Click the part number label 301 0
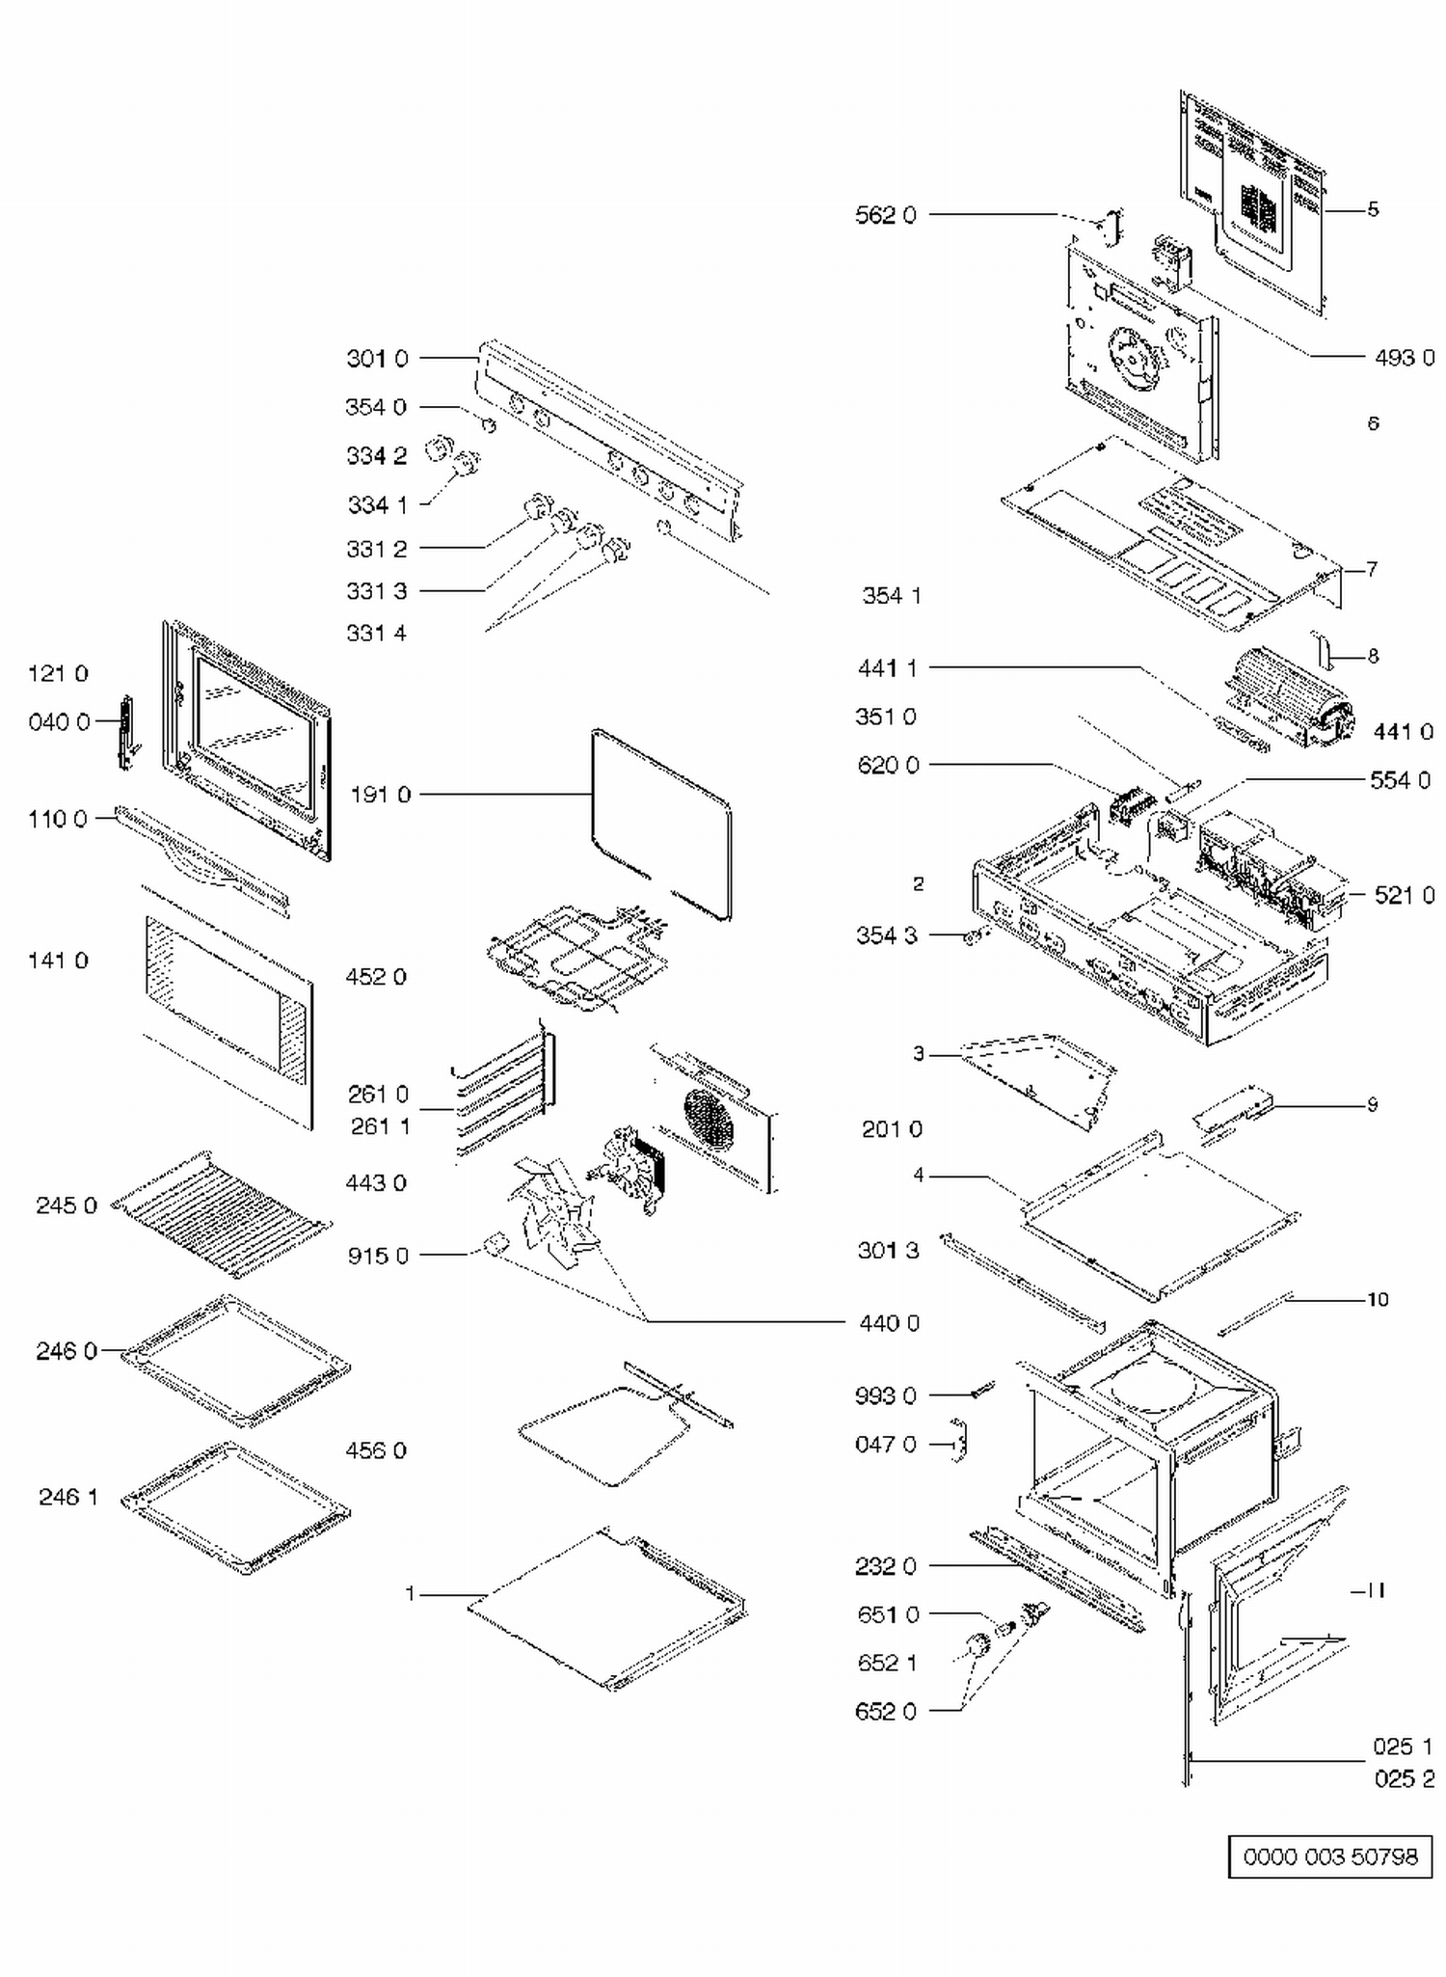377,359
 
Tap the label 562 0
886,215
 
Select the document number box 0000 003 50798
1330,1856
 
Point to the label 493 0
1405,358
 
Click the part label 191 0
381,795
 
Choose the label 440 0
889,1322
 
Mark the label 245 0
67,1205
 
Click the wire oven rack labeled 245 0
222,1212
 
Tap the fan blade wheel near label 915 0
554,1210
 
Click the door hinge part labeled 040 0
125,734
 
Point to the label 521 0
1405,896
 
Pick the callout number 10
1378,1299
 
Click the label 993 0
886,1395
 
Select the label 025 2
1405,1778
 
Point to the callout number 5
1373,209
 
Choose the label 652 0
886,1711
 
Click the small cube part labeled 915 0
496,1244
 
